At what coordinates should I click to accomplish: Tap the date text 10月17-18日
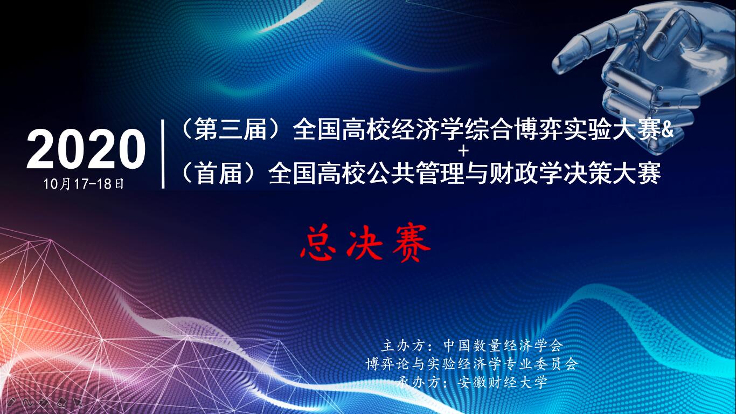point(84,184)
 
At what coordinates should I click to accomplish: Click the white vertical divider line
point(163,154)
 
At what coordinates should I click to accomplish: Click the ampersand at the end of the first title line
point(666,130)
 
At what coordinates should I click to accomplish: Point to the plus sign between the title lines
point(464,151)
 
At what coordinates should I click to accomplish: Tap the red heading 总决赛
point(365,243)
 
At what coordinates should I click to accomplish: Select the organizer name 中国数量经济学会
point(503,346)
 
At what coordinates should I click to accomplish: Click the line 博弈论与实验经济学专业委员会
point(472,364)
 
